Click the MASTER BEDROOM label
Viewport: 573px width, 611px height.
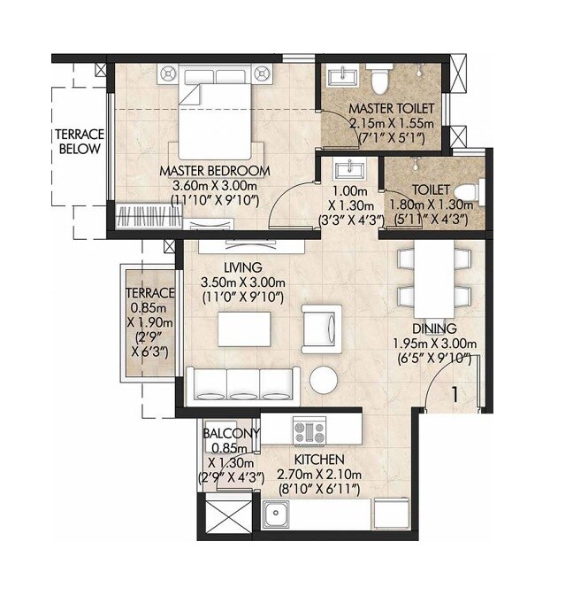coord(214,169)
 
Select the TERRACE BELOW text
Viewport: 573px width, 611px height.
coord(80,142)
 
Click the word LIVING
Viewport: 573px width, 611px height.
coord(242,267)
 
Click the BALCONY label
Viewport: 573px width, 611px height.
coord(231,433)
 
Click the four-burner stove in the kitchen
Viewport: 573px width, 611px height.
coord(309,432)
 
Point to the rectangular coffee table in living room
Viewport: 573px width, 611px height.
coord(244,330)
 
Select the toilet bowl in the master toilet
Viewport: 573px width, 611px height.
coord(379,80)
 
